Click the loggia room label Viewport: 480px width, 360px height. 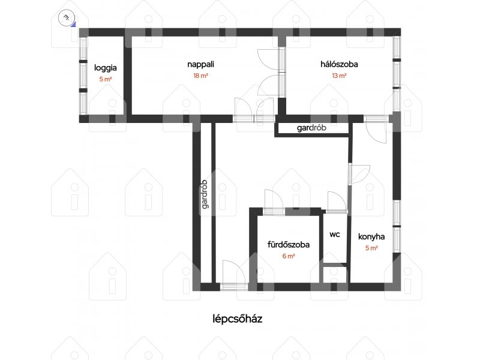(106, 68)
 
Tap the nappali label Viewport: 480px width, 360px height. (200, 65)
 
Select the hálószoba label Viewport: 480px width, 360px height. (339, 64)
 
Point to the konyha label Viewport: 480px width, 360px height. (371, 236)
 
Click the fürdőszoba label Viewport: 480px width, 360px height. (289, 245)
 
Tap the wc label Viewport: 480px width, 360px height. (335, 235)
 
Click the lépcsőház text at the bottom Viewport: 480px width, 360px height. (237, 319)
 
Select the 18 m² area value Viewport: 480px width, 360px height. (200, 76)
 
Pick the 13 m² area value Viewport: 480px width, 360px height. (339, 76)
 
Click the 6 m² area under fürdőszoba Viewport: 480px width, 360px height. (289, 256)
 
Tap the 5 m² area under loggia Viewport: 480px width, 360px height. (106, 79)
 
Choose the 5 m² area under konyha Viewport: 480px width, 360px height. (371, 248)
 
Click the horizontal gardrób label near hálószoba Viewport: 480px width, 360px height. (311, 128)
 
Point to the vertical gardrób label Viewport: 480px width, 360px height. (205, 194)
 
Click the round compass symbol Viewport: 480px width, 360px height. (66, 17)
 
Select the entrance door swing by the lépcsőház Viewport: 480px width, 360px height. (234, 272)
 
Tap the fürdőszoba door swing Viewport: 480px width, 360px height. (274, 199)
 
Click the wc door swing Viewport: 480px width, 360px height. (337, 202)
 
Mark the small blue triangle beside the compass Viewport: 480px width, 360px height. (73, 25)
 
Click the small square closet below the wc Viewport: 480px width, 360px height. (335, 275)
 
